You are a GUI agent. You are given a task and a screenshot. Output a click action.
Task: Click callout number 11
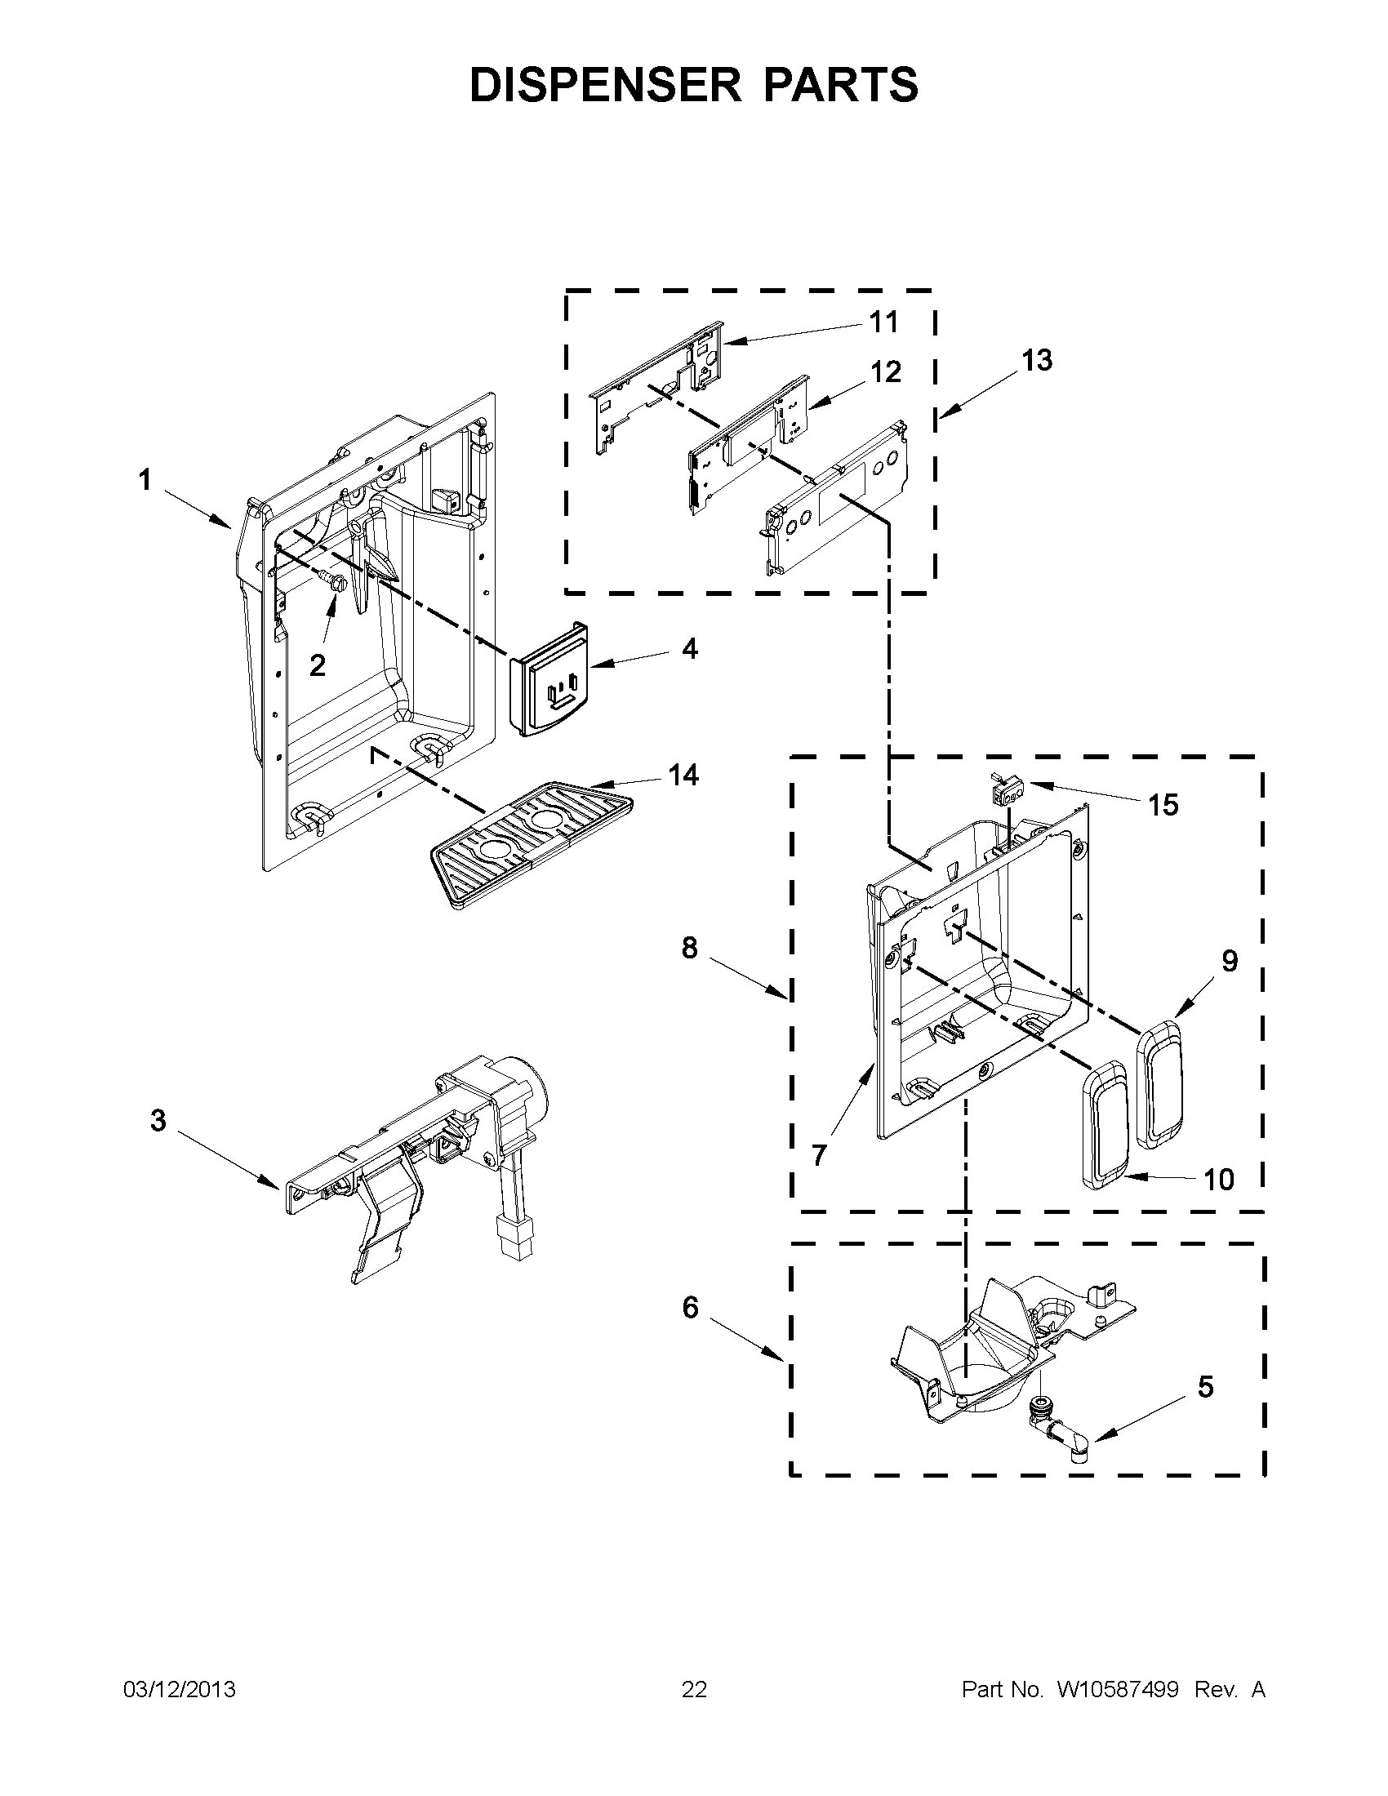pos(884,322)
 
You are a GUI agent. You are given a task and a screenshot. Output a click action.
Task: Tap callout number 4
pos(689,649)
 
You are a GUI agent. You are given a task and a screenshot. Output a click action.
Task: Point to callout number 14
pos(683,775)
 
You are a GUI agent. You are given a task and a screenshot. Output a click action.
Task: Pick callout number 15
pos(1163,805)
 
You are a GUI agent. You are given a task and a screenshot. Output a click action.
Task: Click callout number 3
pos(158,1120)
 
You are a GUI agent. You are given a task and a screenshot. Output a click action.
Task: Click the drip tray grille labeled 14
pos(531,844)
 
